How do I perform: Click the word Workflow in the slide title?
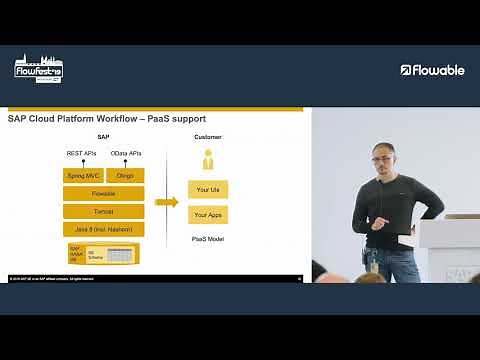click(117, 119)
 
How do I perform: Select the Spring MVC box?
click(82, 175)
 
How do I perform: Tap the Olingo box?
click(125, 175)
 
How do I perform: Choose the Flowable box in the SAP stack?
click(103, 193)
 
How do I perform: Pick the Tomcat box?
click(103, 211)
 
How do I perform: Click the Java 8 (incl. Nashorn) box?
click(103, 229)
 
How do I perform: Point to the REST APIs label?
click(81, 153)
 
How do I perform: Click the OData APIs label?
click(126, 153)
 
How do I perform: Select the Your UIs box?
click(208, 189)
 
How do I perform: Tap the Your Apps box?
click(208, 214)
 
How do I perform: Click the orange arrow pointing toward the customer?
click(166, 202)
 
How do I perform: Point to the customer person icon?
click(208, 159)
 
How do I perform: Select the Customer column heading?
click(208, 137)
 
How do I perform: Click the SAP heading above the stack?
click(103, 137)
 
